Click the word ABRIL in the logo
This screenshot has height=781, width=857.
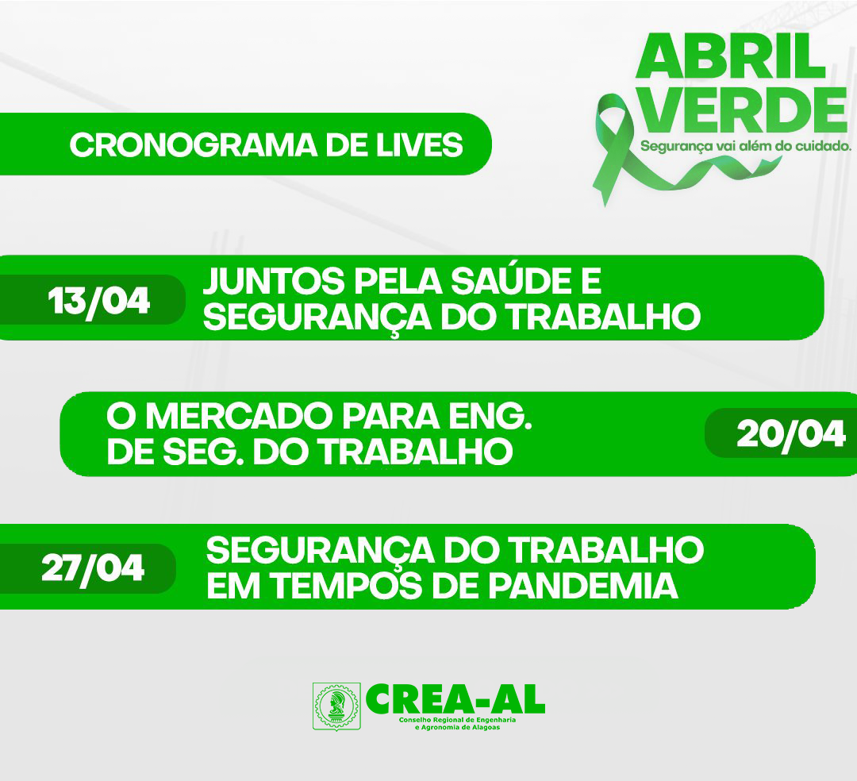[730, 57]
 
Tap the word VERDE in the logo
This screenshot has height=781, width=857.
[744, 109]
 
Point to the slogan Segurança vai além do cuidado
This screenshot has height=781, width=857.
[745, 147]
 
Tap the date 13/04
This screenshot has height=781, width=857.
[98, 301]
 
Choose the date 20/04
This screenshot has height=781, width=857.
[790, 435]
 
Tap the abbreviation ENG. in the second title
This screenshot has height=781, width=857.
[490, 417]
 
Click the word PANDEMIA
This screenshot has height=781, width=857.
[582, 585]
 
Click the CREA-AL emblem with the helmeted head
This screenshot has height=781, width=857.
[336, 706]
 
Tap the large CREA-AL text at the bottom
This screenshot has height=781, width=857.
[455, 699]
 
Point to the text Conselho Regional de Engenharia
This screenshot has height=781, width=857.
[458, 720]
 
